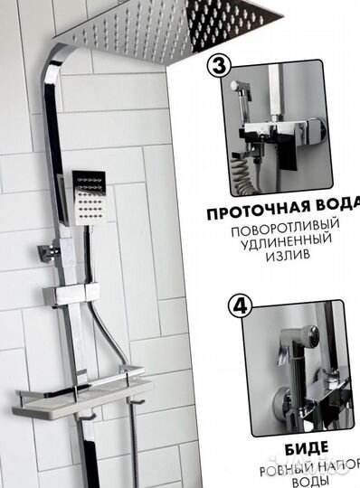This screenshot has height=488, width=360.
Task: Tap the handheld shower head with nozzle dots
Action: click(91, 195)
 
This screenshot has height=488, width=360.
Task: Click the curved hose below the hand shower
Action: click(118, 335)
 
